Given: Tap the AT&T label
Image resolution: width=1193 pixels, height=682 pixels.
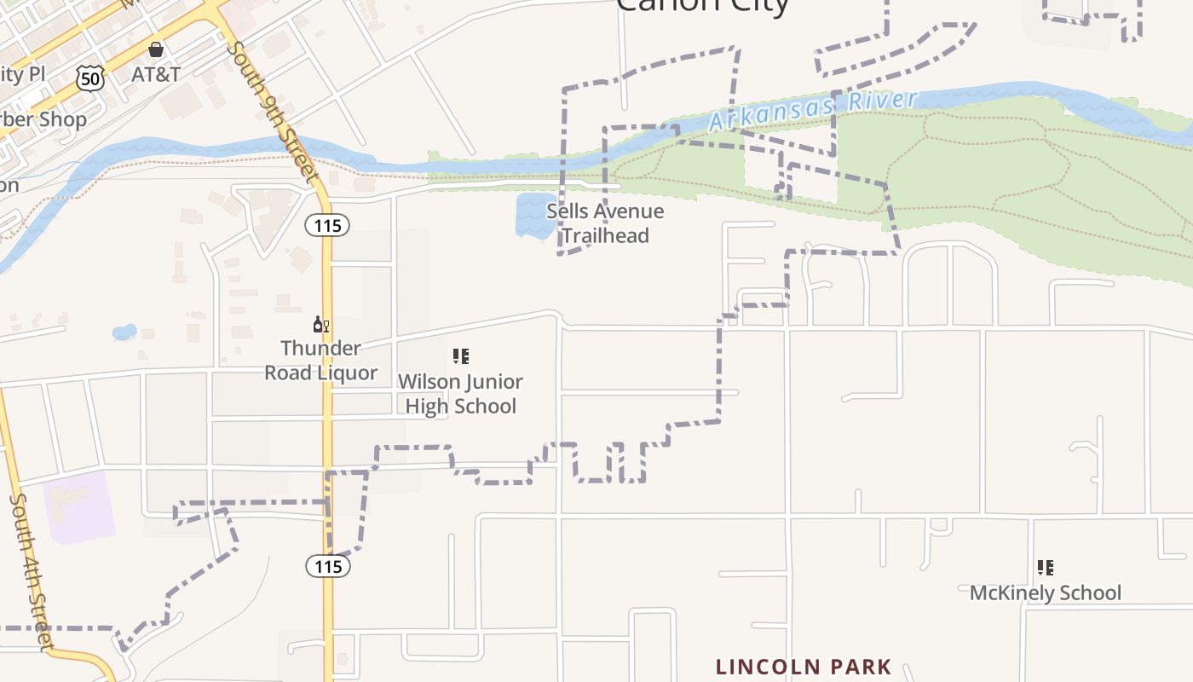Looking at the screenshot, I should tap(156, 74).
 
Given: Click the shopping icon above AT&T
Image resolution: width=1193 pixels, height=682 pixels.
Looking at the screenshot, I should tap(155, 49).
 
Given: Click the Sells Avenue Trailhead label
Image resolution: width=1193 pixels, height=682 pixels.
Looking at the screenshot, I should tap(605, 223).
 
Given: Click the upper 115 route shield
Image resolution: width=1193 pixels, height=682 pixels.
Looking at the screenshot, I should tap(327, 224).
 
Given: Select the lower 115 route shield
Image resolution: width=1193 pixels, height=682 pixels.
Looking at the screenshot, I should tap(328, 566).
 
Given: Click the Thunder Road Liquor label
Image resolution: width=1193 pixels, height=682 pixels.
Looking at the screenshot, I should tap(320, 361).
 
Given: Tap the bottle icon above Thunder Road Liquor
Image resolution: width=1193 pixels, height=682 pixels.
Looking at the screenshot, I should tap(321, 324).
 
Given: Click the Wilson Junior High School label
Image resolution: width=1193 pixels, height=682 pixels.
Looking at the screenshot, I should tap(460, 394).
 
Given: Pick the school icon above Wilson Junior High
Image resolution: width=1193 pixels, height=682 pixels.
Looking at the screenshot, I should tap(460, 356).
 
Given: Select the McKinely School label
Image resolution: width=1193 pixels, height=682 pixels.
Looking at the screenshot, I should tap(1046, 592).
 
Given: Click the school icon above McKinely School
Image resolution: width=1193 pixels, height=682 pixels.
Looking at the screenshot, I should tap(1046, 568).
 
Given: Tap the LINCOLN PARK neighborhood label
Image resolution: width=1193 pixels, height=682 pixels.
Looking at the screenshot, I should tap(804, 667).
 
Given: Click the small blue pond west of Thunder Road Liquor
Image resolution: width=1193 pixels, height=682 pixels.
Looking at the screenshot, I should tap(124, 332).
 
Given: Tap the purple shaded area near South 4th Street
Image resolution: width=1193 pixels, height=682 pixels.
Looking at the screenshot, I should tap(79, 506).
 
